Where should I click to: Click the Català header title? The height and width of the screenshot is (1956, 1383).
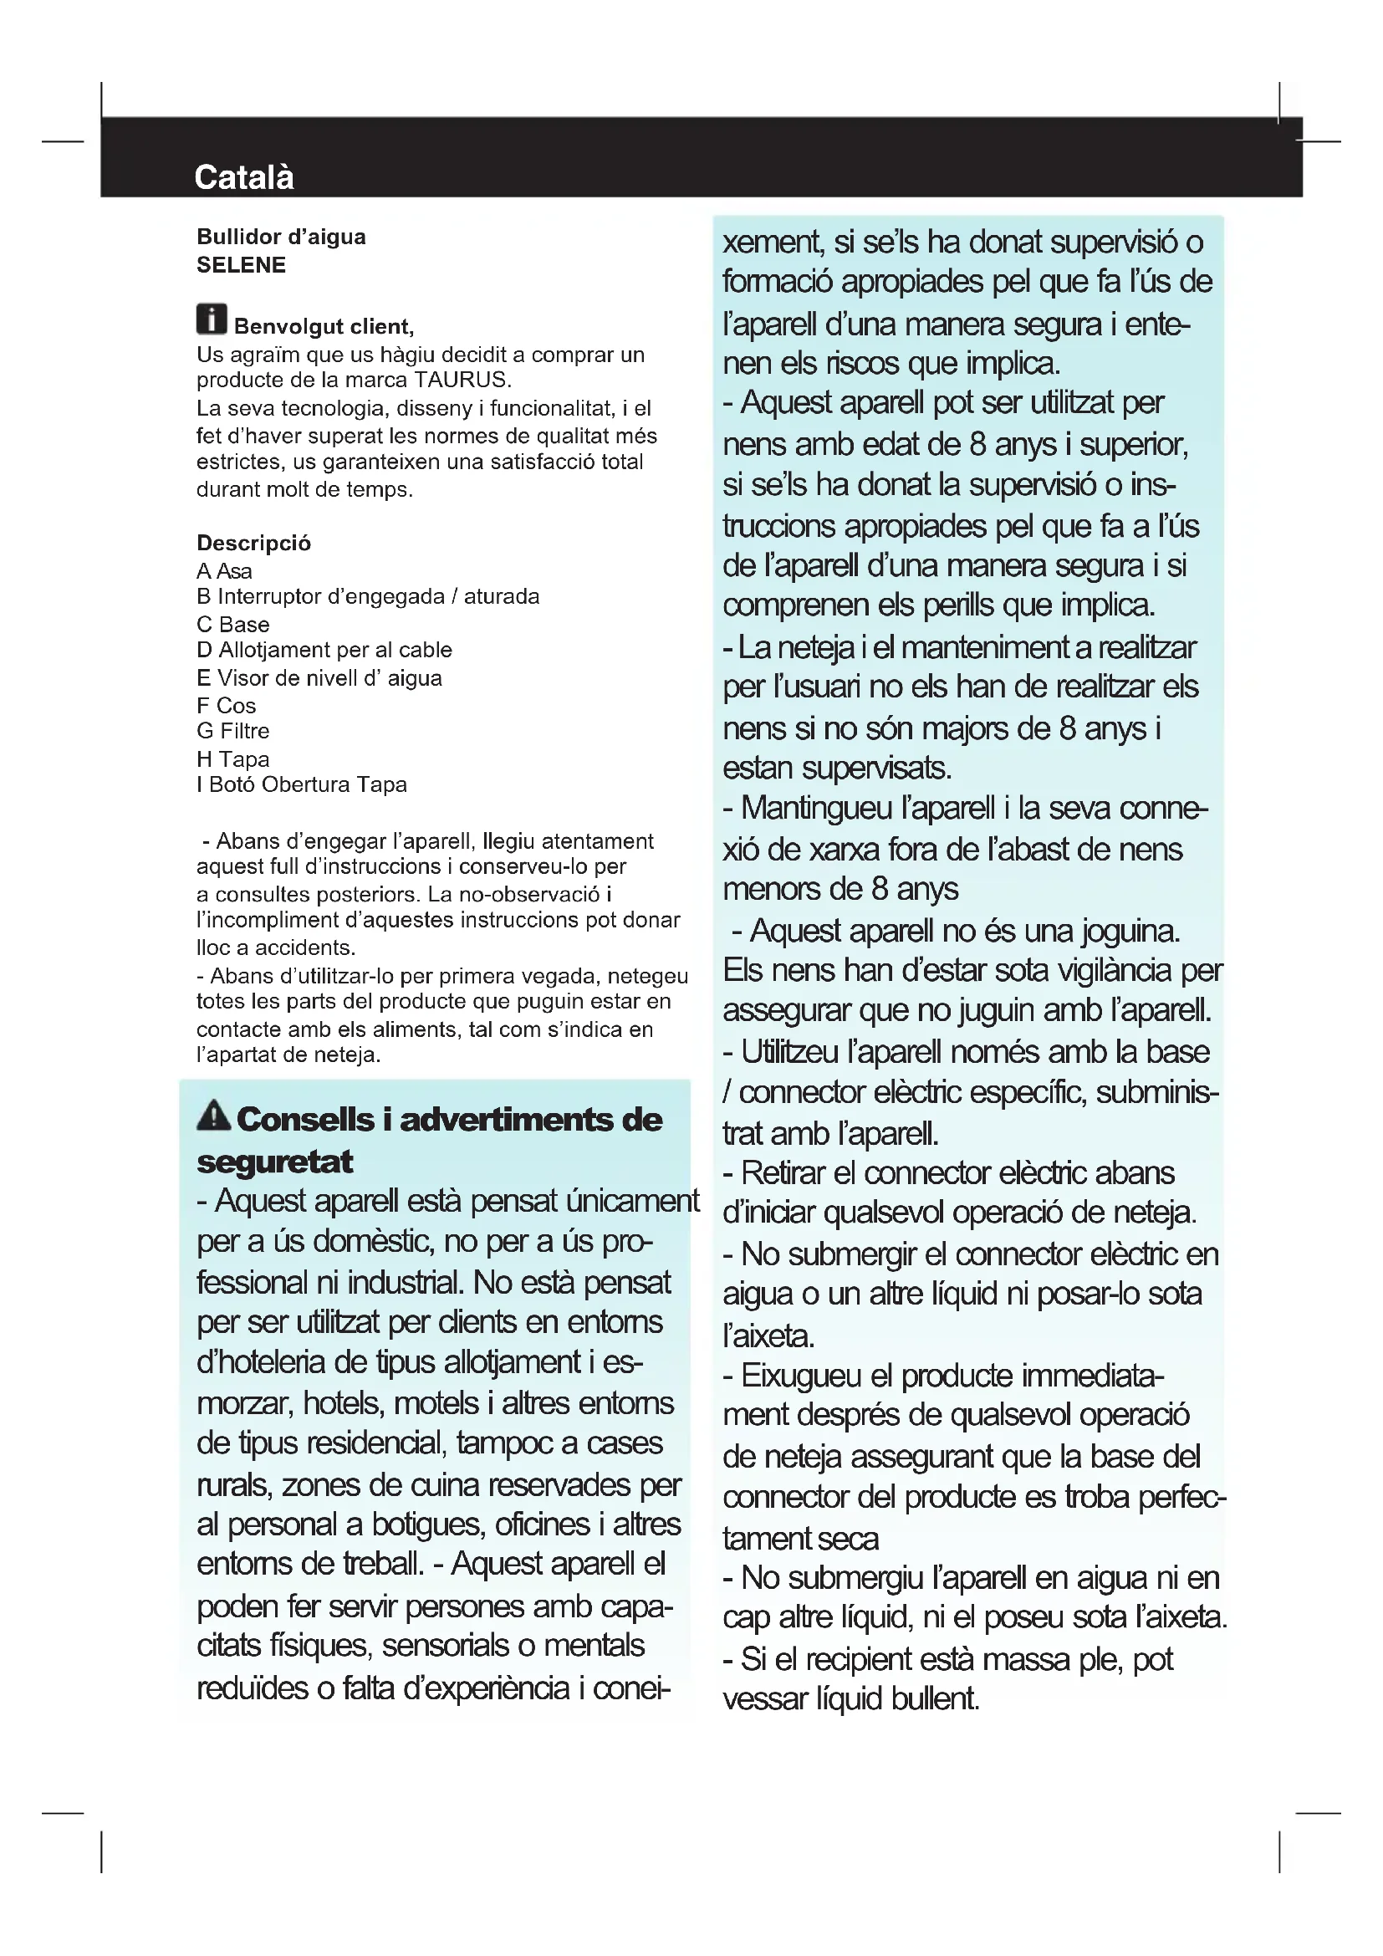pos(243,177)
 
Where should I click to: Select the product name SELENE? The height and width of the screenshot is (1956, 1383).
pos(241,265)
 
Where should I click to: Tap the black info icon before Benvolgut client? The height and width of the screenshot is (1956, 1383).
pos(212,319)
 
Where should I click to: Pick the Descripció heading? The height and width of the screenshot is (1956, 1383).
pos(254,543)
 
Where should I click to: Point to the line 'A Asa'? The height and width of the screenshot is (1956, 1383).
pos(224,571)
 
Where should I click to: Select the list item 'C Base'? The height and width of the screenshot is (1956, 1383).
pos(232,625)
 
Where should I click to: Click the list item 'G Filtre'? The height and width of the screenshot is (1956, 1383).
pos(232,731)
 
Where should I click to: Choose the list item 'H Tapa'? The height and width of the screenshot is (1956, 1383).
pos(232,759)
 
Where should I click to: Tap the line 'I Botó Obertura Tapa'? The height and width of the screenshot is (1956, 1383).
pos(302,784)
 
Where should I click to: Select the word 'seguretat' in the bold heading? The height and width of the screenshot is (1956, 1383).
pos(274,1162)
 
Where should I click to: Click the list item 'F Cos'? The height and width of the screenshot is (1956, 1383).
pos(226,706)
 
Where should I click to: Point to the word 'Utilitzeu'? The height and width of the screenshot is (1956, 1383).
pos(789,1052)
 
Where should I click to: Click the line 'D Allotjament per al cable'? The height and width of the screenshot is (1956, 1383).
pos(324,650)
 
